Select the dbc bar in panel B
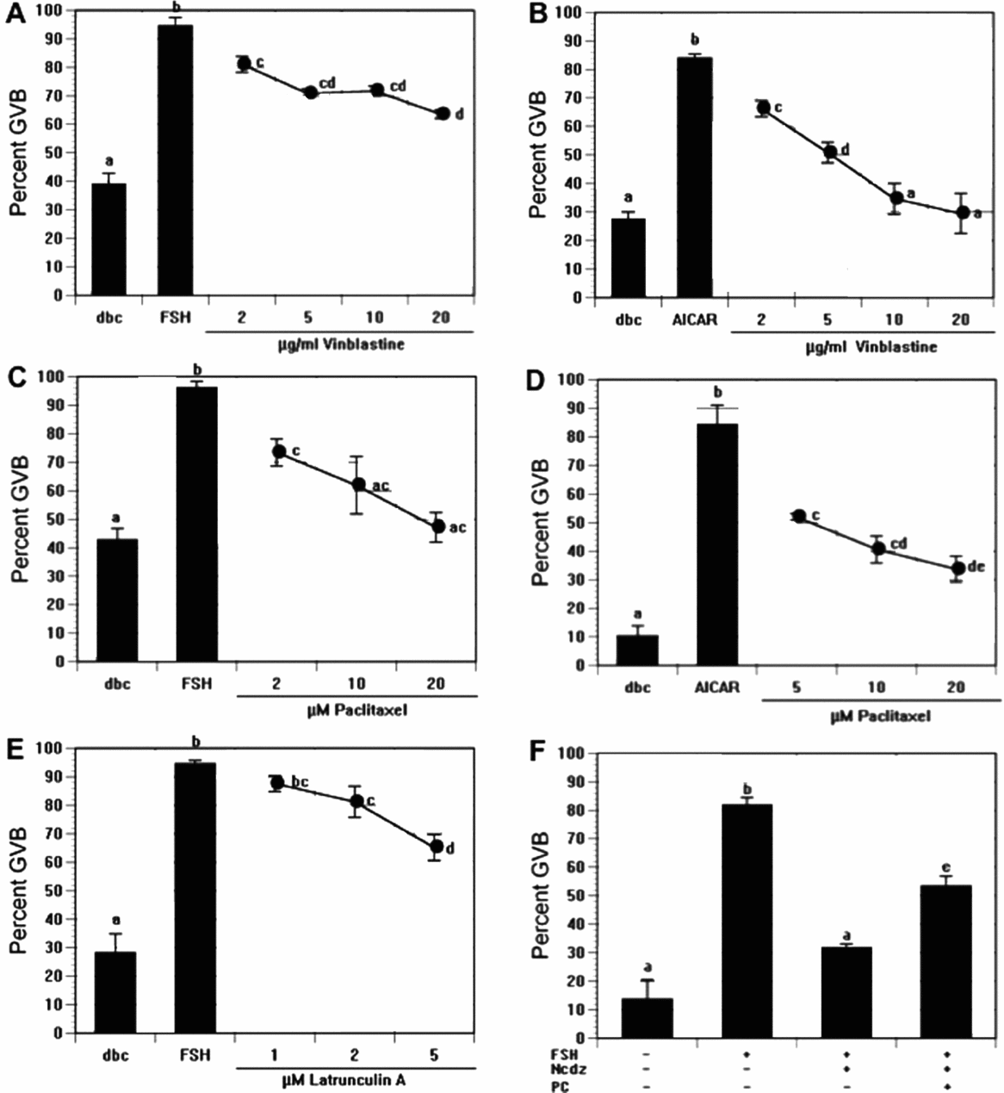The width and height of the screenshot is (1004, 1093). (x=627, y=258)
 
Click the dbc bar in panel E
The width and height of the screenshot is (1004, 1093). (x=115, y=991)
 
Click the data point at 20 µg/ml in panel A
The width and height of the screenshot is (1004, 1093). (x=443, y=114)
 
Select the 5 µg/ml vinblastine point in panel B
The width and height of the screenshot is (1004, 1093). (x=829, y=152)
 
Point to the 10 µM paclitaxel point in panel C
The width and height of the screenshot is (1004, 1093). (x=358, y=484)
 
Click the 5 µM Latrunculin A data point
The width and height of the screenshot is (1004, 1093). (x=436, y=847)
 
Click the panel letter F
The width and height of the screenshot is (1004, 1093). (x=536, y=755)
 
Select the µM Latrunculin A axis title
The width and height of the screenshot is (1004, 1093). (x=354, y=1076)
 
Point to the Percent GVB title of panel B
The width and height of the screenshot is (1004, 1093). (x=538, y=155)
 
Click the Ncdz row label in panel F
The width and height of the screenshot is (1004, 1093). (x=561, y=1068)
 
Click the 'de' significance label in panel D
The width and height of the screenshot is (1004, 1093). (x=976, y=567)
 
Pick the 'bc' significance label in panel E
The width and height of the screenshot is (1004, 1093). (x=300, y=782)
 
